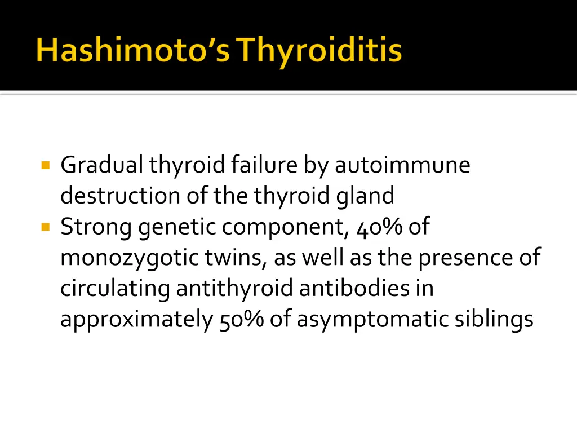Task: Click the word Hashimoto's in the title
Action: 133,51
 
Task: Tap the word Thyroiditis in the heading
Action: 319,51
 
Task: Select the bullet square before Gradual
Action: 46,166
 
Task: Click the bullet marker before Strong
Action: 46,227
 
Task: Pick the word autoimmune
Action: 402,165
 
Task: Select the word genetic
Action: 177,227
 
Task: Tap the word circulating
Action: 115,289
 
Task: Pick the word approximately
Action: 137,320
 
